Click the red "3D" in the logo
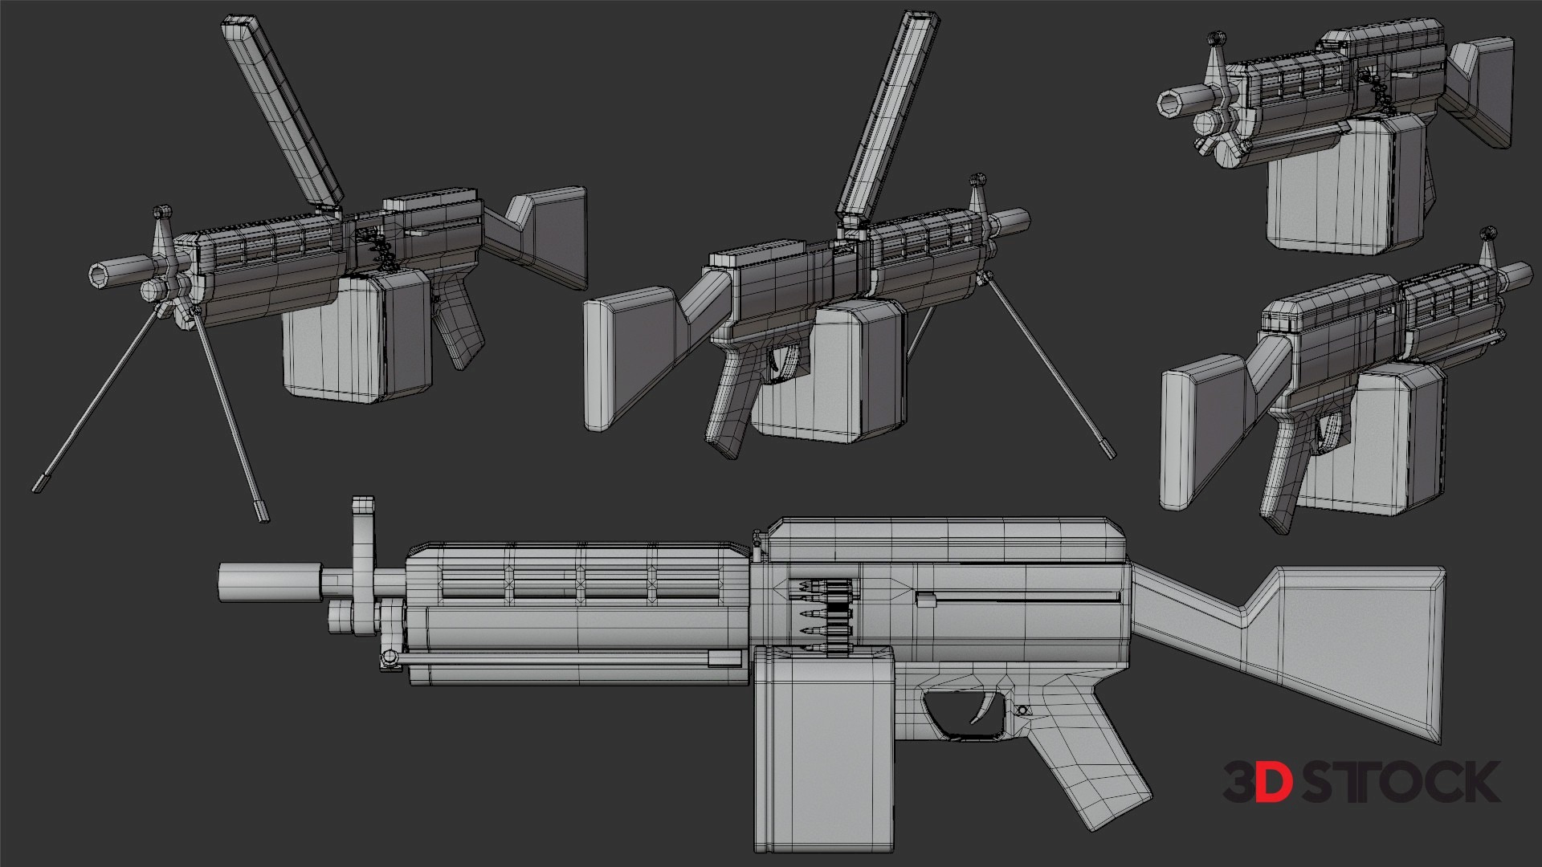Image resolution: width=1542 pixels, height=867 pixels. click(1258, 782)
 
